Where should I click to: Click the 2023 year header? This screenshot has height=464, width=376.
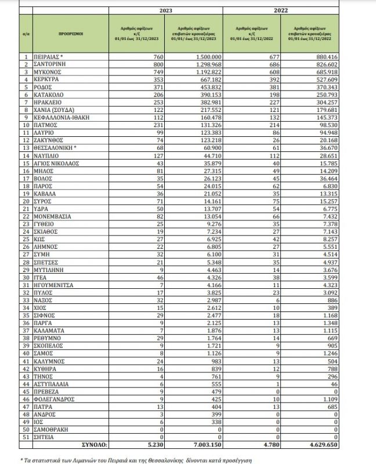pos(165,10)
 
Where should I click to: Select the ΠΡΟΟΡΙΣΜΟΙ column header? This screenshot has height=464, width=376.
pos(71,34)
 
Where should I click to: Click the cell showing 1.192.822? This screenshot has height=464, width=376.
pos(194,70)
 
